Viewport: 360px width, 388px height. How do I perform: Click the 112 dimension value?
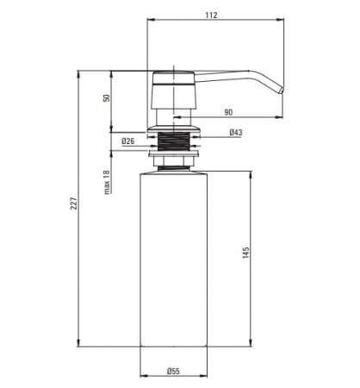(211, 15)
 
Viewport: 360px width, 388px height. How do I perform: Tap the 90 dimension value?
(228, 112)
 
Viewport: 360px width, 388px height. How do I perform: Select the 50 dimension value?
(107, 98)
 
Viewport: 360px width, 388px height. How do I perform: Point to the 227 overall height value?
(74, 203)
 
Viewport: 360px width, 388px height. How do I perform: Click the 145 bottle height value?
(246, 253)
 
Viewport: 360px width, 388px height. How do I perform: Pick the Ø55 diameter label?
(173, 372)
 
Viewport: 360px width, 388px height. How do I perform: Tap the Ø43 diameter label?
(236, 133)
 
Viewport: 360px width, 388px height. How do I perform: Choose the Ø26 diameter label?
(127, 141)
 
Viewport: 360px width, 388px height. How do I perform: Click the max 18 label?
(107, 183)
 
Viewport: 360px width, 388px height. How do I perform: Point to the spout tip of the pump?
(282, 91)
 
